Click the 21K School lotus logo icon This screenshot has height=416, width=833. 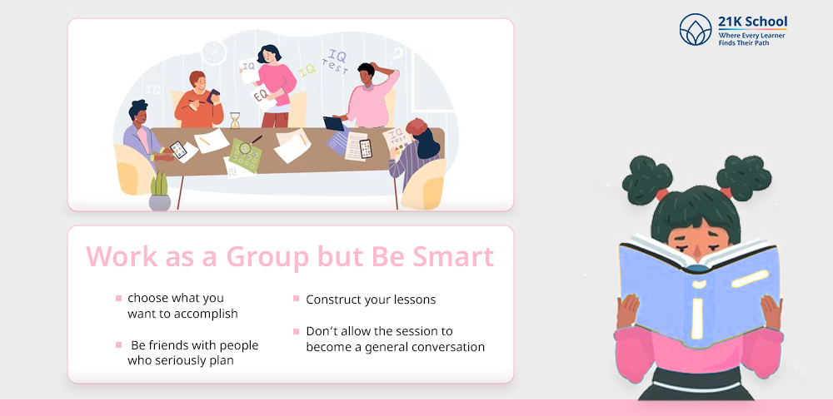pos(696,29)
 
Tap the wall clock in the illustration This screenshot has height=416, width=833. pos(214,53)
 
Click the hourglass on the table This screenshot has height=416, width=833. pos(235,120)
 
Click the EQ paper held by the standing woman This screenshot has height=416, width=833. pos(263,97)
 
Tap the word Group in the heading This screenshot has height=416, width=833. pos(267,257)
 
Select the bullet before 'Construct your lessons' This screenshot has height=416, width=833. pos(296,299)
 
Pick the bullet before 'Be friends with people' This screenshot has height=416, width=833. pos(118,345)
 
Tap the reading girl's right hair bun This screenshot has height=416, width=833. pos(744,177)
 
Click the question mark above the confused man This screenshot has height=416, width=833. pos(397,55)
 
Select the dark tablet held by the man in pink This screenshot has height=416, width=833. pos(334,123)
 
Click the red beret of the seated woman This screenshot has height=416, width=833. pos(416,126)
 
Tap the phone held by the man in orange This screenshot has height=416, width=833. pos(213,96)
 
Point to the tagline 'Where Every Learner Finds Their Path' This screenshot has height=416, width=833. pos(751,39)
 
